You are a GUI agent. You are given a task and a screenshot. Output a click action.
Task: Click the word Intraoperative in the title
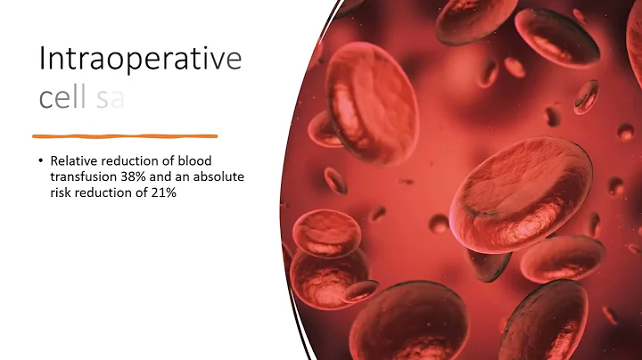[x=140, y=60]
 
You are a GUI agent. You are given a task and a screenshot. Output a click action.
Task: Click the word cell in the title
[x=63, y=97]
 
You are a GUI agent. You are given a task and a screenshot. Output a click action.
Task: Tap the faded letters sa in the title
[x=110, y=98]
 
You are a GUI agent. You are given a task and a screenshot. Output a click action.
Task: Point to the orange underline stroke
[x=125, y=136]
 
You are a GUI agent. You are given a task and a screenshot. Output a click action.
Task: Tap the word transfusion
[x=83, y=176]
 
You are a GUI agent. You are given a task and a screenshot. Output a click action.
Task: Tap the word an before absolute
[x=180, y=176]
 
